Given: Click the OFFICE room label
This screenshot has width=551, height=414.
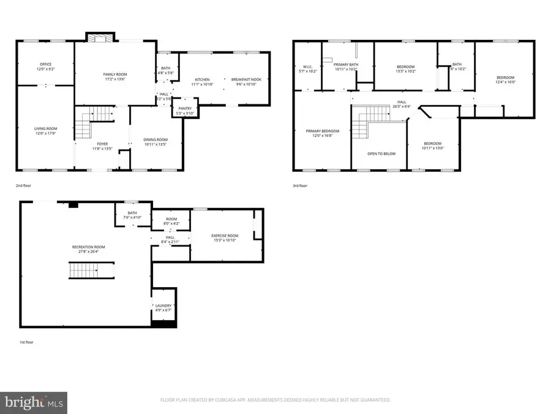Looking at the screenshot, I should [x=45, y=63].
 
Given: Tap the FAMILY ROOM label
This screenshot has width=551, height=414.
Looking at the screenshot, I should [x=114, y=74].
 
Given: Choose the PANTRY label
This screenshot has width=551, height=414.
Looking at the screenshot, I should [x=184, y=109].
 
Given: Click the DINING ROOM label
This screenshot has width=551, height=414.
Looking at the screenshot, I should [x=155, y=140].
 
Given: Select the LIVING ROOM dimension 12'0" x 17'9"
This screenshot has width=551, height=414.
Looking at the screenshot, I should [x=45, y=133].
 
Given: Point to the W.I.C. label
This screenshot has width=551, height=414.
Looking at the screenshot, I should [x=308, y=67].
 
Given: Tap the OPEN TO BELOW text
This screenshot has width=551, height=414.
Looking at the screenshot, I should [x=381, y=153].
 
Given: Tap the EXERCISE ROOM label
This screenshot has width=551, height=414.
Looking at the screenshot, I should [x=225, y=236].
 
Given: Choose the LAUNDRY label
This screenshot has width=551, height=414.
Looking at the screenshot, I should [x=163, y=305].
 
